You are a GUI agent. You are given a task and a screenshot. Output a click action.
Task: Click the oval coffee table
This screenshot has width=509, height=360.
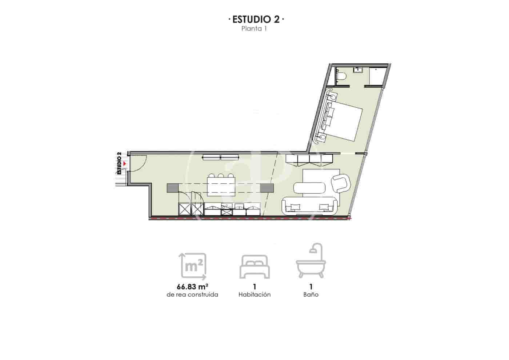tap(310, 188)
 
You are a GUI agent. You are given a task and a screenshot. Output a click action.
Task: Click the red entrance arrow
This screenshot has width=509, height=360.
tap(125, 164)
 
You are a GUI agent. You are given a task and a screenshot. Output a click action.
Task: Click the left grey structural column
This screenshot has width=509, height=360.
tap(173, 188)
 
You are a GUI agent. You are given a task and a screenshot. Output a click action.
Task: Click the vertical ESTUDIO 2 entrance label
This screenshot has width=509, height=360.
tap(119, 163)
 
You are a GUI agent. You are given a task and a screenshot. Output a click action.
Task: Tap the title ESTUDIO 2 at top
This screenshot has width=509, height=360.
tap(256, 19)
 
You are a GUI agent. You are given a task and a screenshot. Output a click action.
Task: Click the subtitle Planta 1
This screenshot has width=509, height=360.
tap(254, 29)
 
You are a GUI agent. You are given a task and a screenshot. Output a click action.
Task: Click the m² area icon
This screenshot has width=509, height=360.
tap(193, 266)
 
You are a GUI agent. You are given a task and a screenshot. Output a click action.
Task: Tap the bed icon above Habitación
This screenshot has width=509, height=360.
tap(254, 267)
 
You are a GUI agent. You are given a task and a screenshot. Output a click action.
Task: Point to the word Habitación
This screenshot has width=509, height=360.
tap(254, 295)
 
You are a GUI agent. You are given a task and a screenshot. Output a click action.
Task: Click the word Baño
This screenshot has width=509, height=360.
tap(311, 295)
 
